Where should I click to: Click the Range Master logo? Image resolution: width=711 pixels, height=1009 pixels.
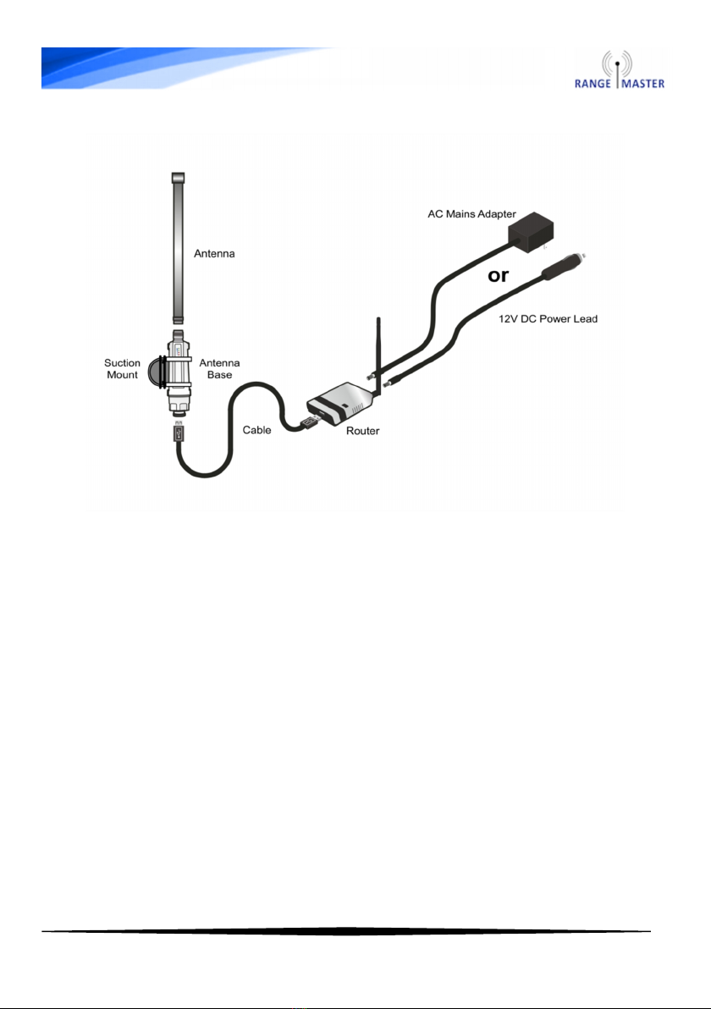pyautogui.click(x=621, y=69)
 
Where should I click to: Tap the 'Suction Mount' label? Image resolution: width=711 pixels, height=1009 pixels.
pyautogui.click(x=123, y=370)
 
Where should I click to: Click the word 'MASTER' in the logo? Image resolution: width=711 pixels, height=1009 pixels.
pyautogui.click(x=642, y=83)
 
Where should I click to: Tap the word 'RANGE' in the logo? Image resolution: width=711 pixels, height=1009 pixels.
pyautogui.click(x=595, y=83)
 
